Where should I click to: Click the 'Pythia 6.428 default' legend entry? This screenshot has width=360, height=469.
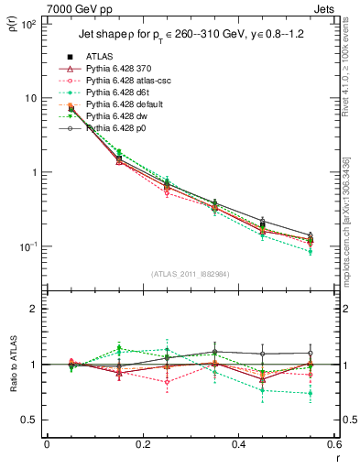pyautogui.click(x=124, y=104)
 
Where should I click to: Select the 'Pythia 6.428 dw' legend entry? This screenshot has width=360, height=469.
pyautogui.click(x=116, y=116)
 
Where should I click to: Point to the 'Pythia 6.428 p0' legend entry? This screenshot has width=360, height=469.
pyautogui.click(x=115, y=128)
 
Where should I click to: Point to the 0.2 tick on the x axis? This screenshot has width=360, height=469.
pyautogui.click(x=142, y=446)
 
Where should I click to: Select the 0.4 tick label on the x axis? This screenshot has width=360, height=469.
pyautogui.click(x=238, y=446)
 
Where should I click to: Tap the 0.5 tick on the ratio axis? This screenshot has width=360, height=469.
pyautogui.click(x=32, y=420)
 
